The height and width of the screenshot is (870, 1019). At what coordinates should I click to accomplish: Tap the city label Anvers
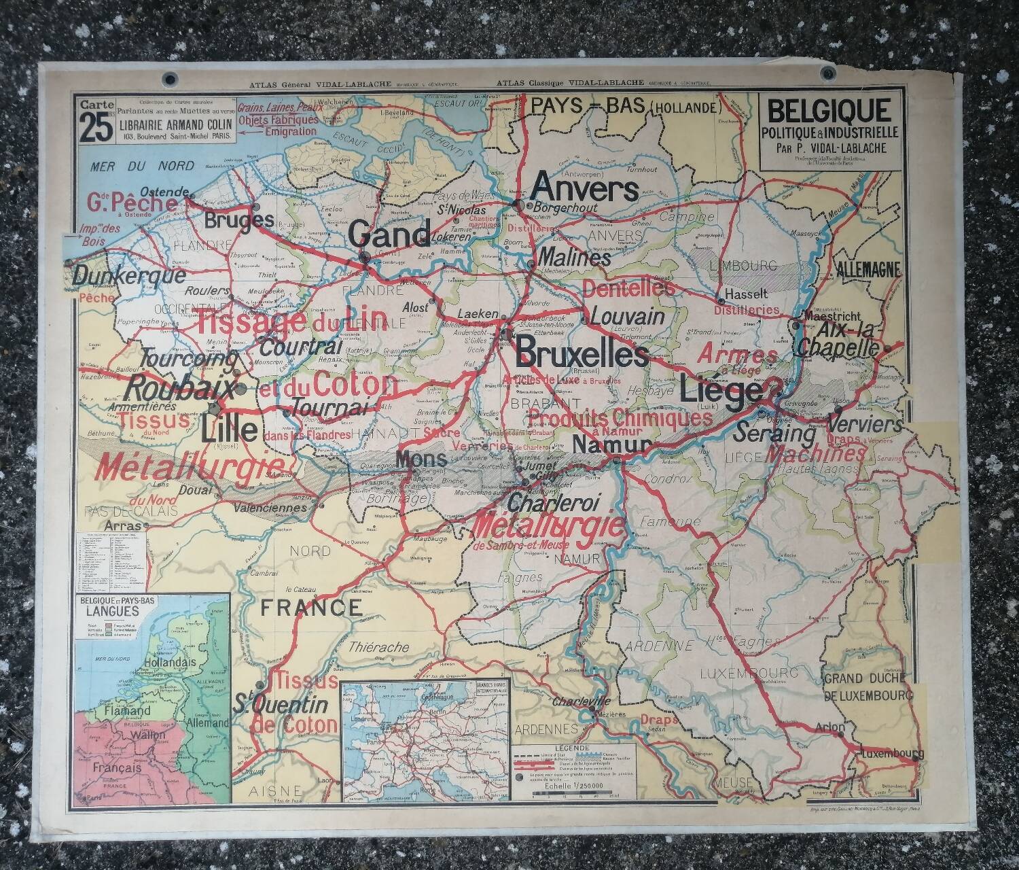point(585,186)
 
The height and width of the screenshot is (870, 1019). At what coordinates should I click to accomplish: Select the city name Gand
point(389,235)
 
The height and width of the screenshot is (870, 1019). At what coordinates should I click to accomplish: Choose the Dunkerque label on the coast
point(128,276)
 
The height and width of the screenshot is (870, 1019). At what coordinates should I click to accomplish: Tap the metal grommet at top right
point(827,73)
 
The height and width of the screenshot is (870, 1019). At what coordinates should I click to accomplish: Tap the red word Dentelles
point(628,289)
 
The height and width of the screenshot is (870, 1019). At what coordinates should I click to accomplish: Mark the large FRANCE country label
point(312,606)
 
